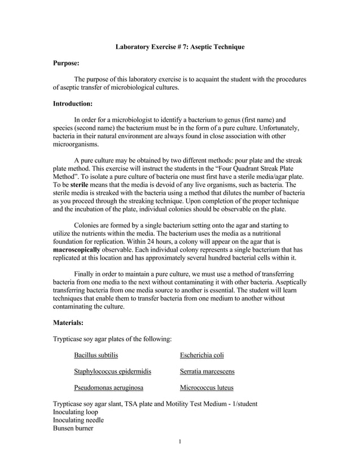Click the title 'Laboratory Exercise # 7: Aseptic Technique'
tap(180, 47)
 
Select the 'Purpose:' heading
tap(66, 64)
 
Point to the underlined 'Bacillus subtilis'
tap(96, 355)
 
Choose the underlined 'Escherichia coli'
tap(202, 355)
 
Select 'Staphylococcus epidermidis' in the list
tap(112, 371)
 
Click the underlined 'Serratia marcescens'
tap(207, 371)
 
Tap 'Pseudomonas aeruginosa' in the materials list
tap(108, 388)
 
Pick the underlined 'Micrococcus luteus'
tap(207, 388)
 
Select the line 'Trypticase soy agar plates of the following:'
tap(112, 339)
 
